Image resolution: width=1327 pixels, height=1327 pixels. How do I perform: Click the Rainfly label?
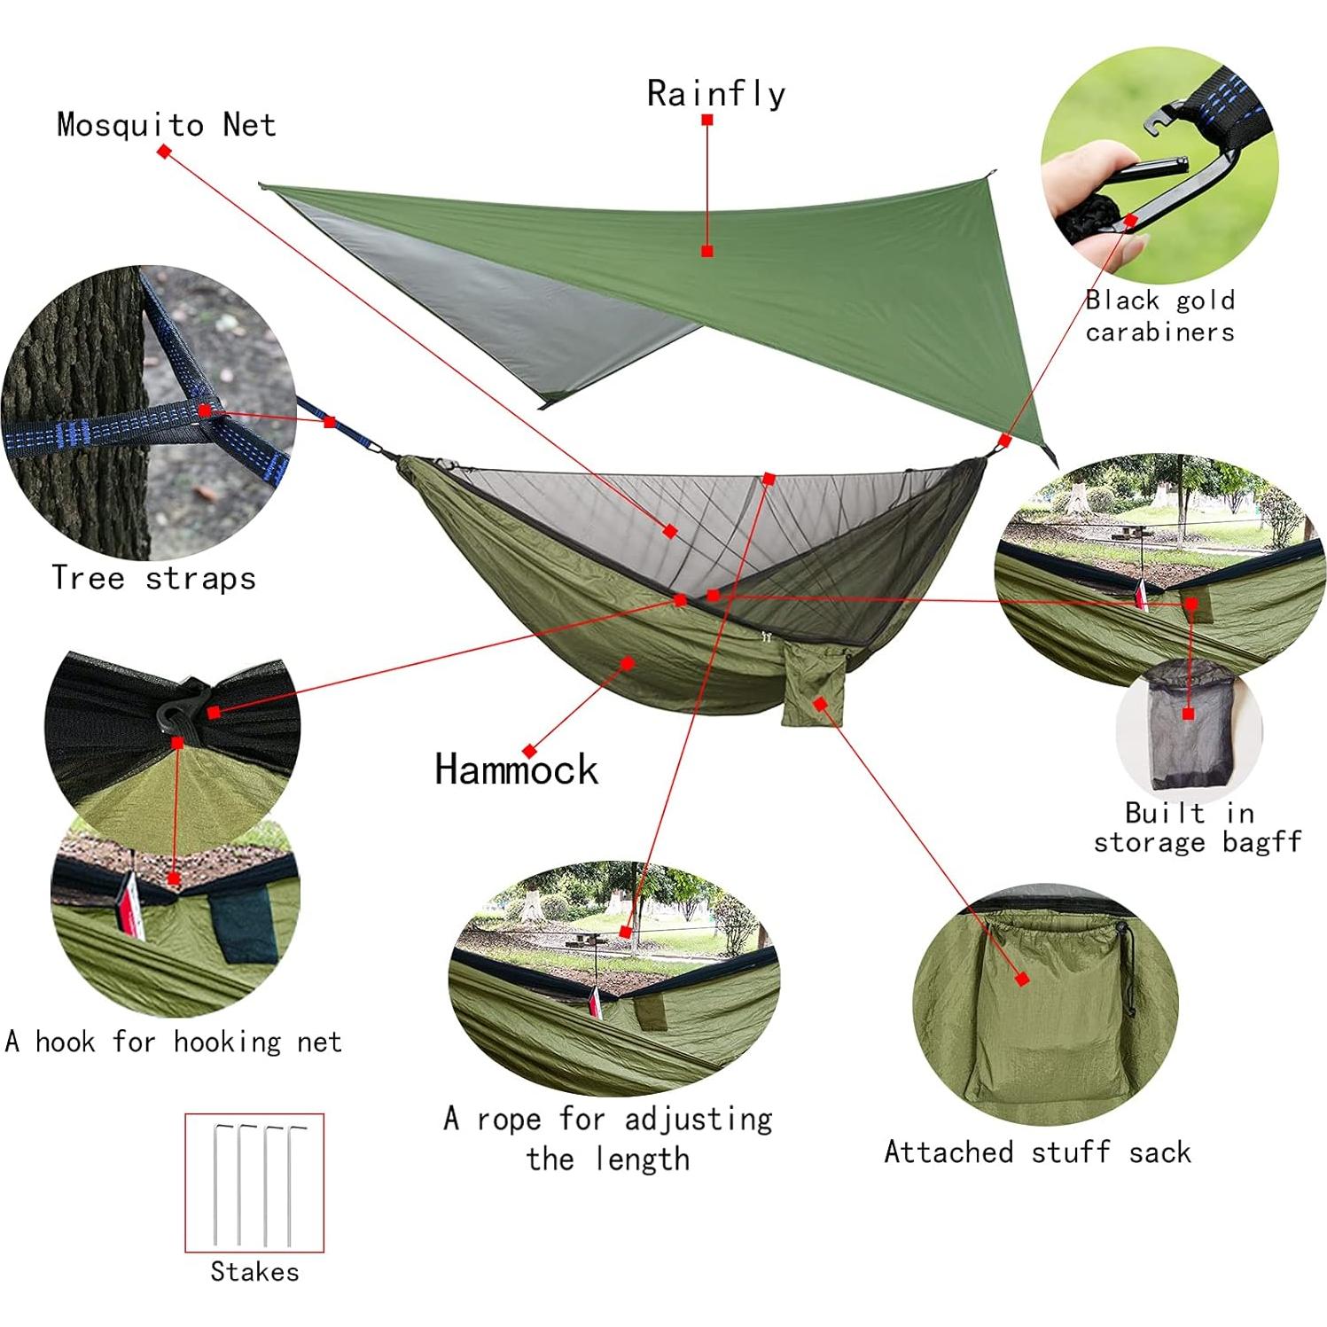click(715, 93)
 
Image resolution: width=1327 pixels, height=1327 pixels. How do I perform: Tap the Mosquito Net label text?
click(166, 125)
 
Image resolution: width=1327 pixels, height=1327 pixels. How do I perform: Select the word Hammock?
click(516, 769)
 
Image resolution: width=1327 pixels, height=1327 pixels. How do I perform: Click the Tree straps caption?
click(153, 578)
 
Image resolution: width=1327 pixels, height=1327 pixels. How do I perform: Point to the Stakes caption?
click(254, 1272)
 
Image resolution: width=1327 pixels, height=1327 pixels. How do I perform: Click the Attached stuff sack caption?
click(1037, 1152)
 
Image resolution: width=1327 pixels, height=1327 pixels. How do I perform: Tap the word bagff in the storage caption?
click(1261, 841)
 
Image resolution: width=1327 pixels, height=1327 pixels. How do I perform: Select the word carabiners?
click(1159, 332)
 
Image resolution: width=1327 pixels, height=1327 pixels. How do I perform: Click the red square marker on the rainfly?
click(706, 251)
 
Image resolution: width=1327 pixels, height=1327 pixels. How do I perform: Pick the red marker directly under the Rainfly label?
click(706, 120)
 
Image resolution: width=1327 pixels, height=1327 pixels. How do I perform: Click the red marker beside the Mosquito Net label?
click(164, 152)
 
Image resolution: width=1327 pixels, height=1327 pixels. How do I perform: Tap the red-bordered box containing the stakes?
click(254, 1183)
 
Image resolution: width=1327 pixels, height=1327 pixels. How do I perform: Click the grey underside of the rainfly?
click(496, 293)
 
